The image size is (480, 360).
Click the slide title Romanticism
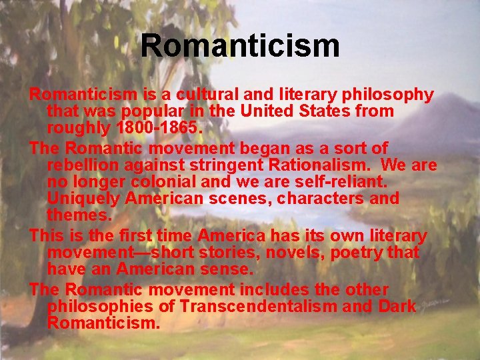click(x=240, y=46)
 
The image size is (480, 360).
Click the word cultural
click(x=173, y=95)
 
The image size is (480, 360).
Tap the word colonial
click(x=157, y=181)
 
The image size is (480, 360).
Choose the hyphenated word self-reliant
click(x=341, y=181)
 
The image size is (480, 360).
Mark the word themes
click(x=77, y=215)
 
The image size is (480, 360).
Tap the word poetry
click(x=347, y=253)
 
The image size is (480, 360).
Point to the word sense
click(x=225, y=269)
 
